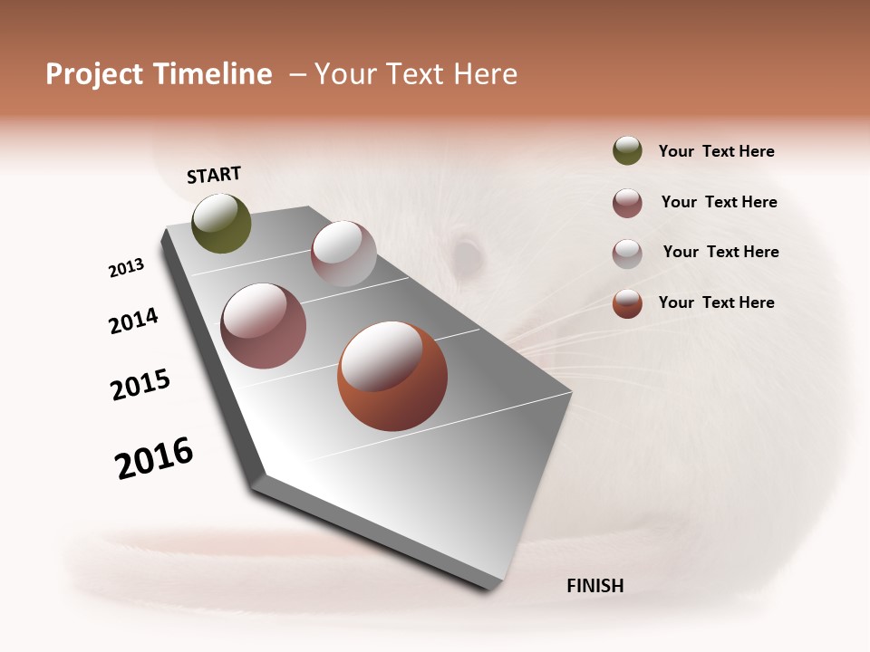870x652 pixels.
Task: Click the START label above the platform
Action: (214, 175)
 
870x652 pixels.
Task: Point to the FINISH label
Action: (594, 586)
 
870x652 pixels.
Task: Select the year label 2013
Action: (126, 268)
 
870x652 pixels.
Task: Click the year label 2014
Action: (133, 321)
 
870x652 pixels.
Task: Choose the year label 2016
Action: (154, 458)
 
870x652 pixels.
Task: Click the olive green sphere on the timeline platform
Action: (222, 224)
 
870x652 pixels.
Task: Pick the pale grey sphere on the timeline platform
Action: (343, 254)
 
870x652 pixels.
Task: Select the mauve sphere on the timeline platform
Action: (264, 326)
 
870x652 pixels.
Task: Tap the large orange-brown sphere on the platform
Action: (392, 376)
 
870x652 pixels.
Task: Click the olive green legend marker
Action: (627, 151)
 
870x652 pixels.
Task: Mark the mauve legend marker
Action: (627, 203)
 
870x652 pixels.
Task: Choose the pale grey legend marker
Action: (627, 254)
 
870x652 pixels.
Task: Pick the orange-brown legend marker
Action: (627, 303)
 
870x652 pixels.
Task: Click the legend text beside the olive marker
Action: (716, 151)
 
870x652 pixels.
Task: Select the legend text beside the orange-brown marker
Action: (716, 302)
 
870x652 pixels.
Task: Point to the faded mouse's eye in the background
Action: (466, 254)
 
